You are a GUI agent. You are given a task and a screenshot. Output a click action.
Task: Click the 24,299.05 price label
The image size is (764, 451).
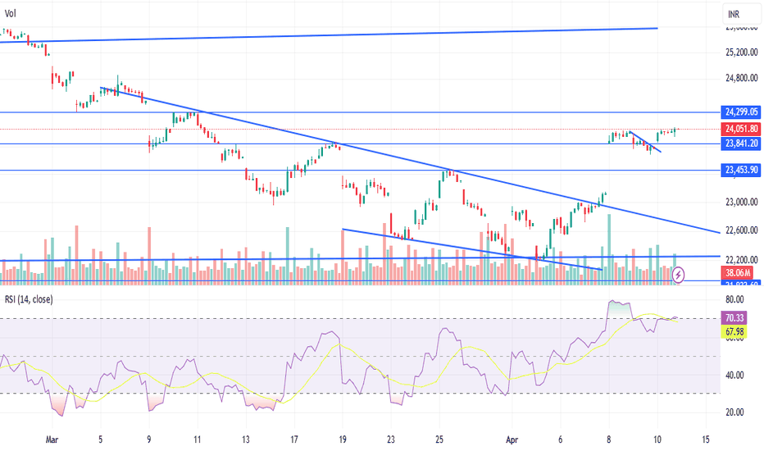click(x=741, y=112)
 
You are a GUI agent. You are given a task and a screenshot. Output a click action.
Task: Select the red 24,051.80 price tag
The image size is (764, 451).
click(x=741, y=129)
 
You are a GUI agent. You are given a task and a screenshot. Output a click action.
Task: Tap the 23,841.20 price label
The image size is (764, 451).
click(x=741, y=144)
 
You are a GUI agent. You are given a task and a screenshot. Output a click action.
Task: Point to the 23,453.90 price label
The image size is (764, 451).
click(x=741, y=171)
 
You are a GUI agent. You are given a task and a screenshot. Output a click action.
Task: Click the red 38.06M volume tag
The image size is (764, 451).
click(x=741, y=272)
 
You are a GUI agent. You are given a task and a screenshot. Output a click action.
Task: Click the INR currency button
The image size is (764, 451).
click(x=736, y=14)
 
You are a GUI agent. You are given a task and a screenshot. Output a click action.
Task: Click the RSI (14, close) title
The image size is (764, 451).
click(x=28, y=300)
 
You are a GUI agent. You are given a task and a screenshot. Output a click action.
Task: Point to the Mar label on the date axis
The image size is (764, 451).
click(x=53, y=439)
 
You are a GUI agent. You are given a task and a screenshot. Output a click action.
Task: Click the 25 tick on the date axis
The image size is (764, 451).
click(x=439, y=439)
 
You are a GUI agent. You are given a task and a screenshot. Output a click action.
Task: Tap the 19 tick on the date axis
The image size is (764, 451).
click(x=342, y=439)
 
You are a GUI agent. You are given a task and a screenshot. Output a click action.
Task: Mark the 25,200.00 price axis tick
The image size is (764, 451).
click(x=741, y=52)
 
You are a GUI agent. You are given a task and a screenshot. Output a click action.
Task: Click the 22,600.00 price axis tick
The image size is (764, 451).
click(x=741, y=230)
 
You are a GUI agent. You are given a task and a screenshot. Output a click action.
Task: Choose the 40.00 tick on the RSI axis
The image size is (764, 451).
click(x=735, y=376)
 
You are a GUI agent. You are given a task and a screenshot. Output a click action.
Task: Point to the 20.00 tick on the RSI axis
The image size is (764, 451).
click(x=735, y=412)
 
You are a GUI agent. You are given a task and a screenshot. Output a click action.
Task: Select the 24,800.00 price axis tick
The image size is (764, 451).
click(x=741, y=80)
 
